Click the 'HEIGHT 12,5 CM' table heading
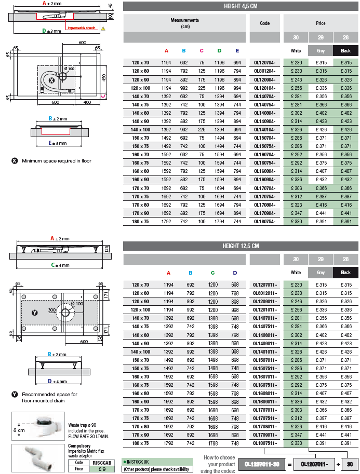pyautogui.click(x=241, y=246)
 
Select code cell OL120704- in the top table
pyautogui.click(x=264, y=62)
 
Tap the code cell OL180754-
pyautogui.click(x=264, y=222)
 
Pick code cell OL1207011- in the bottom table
pyautogui.click(x=265, y=285)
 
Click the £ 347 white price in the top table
pyautogui.click(x=296, y=213)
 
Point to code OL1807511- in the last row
pyautogui.click(x=265, y=443)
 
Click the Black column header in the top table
pyautogui.click(x=345, y=50)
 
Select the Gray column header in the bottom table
pyautogui.click(x=321, y=273)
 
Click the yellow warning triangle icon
pyautogui.click(x=103, y=28)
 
